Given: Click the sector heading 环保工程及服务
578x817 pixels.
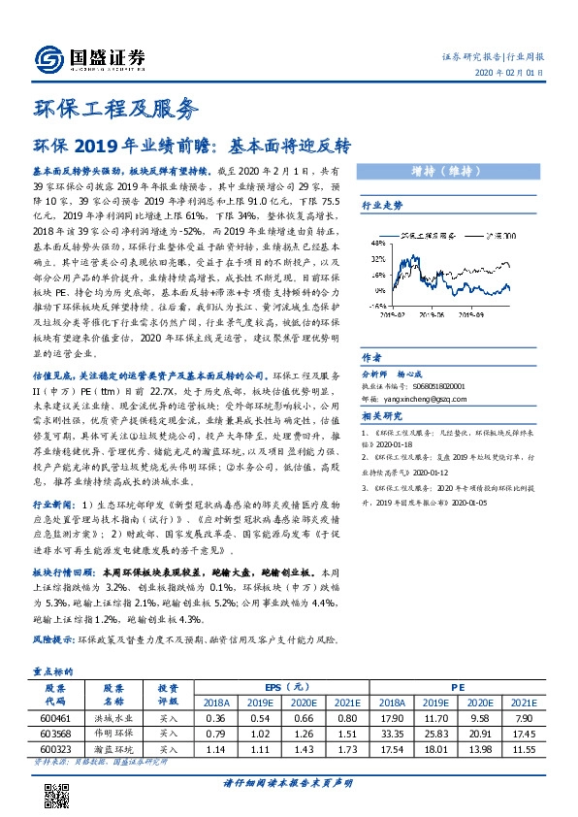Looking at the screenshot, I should point(115,108).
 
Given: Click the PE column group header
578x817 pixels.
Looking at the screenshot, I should point(457,684).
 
